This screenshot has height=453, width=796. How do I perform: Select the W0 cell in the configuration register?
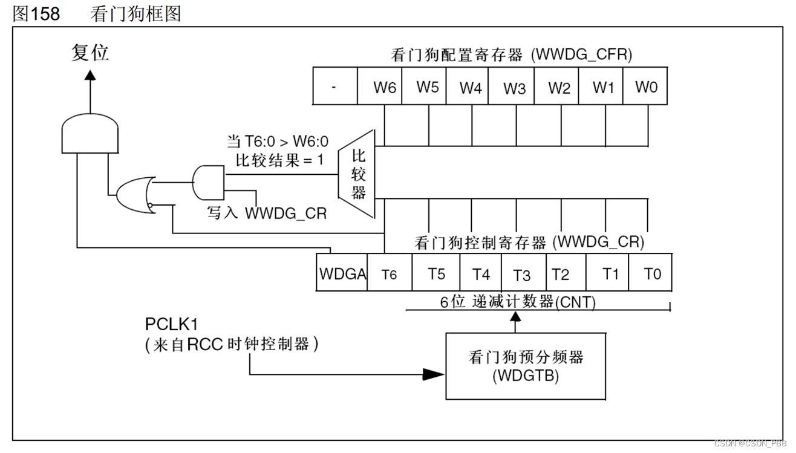point(645,86)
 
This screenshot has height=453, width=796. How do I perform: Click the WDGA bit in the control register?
point(342,273)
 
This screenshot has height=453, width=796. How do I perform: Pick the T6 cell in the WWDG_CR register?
point(390,273)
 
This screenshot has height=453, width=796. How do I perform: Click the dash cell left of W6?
point(335,86)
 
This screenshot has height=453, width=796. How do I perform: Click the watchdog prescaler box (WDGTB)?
point(525,365)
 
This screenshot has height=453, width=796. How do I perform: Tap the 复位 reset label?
point(90,53)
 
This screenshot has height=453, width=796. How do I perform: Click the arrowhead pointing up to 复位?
point(90,75)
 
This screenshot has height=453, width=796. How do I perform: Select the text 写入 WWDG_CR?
point(266,213)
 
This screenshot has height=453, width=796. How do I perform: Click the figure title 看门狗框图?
point(135,13)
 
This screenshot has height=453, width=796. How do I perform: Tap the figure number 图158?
point(36,13)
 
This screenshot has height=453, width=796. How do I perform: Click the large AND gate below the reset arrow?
point(90,134)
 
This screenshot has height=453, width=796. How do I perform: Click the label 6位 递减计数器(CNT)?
point(517,301)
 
